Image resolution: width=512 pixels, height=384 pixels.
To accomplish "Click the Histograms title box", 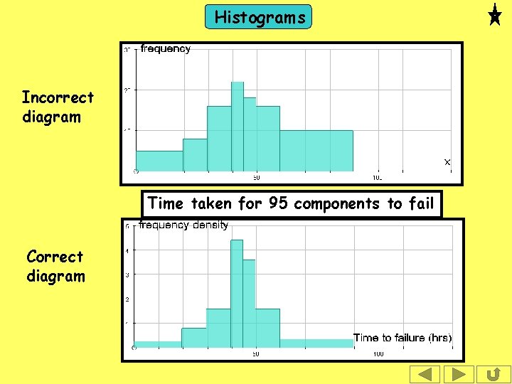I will click(258, 17).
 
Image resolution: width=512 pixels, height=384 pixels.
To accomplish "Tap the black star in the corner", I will click(495, 15).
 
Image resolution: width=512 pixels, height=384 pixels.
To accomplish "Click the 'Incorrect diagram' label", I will click(57, 107).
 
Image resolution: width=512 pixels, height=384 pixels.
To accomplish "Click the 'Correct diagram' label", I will click(55, 266).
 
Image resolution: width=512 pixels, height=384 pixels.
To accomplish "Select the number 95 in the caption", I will click(278, 204).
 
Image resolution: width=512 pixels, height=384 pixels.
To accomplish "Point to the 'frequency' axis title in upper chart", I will click(166, 49).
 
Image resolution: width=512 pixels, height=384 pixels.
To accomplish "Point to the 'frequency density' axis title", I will click(183, 225).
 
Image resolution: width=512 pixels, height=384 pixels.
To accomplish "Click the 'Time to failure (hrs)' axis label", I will click(402, 338).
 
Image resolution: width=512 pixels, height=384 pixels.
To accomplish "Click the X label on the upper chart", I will click(447, 162).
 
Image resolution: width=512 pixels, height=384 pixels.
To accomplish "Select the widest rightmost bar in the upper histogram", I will click(316, 151).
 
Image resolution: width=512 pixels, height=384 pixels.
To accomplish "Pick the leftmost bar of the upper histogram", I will click(159, 161).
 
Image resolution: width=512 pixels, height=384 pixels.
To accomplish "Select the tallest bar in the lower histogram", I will click(237, 293).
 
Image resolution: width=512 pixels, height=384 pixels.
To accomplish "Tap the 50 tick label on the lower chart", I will click(255, 353).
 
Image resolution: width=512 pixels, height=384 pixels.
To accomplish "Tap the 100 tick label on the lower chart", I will click(378, 353).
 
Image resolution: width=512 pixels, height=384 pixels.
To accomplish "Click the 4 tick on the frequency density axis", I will click(127, 250).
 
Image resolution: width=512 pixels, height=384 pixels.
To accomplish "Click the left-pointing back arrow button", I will click(425, 374).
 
